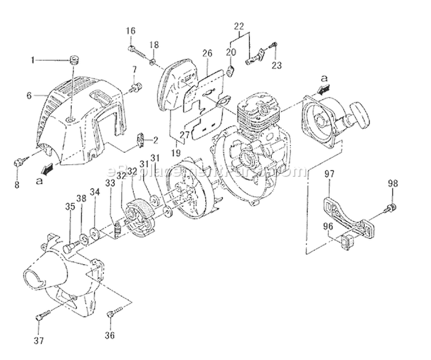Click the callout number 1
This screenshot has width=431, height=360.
point(33,59)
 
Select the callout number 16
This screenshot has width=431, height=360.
point(130,30)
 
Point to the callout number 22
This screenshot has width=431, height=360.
point(240,25)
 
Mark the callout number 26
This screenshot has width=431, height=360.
point(207,53)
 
